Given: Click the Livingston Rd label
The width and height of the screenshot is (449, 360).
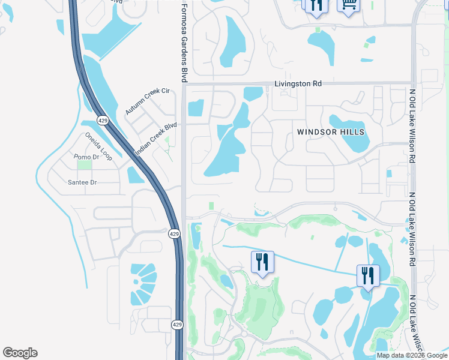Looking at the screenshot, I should pos(298,84).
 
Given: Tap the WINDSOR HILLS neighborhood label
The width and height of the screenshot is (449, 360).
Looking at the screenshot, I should pos(331,131).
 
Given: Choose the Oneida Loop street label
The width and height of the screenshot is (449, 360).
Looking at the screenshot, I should pos(98,143).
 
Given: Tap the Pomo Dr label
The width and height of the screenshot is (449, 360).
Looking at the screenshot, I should pos(85,157).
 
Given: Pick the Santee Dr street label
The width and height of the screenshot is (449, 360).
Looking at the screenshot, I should pos(83,182).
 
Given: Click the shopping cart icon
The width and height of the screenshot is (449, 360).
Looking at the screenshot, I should pos(348,5).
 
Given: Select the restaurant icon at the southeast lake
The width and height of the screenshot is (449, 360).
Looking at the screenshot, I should pos(367,276).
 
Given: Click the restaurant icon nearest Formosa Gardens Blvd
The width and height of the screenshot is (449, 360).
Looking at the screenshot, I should pos(262,262).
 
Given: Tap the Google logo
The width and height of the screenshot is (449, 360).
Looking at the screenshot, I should pos(20,353).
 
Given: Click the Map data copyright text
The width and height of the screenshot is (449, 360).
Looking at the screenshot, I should pos(412,355).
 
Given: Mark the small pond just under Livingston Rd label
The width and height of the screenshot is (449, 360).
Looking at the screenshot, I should pos(253,94).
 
